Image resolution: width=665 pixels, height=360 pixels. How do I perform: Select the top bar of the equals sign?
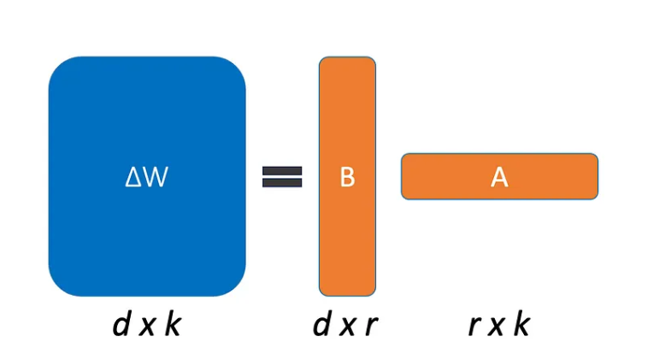coord(282,169)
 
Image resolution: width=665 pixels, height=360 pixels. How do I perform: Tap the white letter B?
coord(347,177)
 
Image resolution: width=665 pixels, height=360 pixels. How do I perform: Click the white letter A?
coord(500,177)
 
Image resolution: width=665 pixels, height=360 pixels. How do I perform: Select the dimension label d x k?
coord(147,325)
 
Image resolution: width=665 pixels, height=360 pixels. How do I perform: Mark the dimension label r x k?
coord(500,325)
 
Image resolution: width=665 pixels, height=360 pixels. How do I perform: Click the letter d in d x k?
coord(122,325)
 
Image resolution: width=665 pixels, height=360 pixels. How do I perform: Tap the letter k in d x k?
coord(173,325)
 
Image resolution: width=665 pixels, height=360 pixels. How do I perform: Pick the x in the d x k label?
coord(148,328)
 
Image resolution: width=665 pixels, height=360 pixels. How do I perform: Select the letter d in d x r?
coord(321,325)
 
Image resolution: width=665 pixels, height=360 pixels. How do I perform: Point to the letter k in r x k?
coord(523,325)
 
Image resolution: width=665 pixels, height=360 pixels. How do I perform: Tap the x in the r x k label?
coord(498,328)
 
